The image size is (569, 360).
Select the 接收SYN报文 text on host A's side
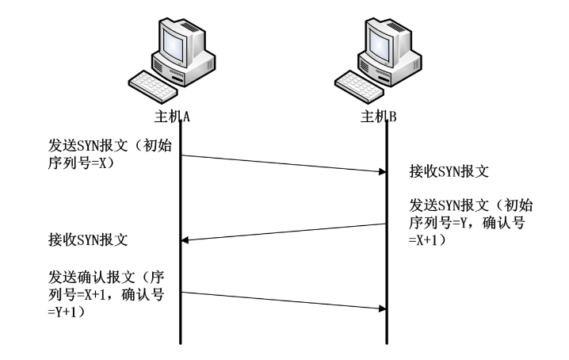[88, 239]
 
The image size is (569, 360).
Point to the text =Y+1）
[68, 312]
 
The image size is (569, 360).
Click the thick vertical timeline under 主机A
[182, 238]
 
